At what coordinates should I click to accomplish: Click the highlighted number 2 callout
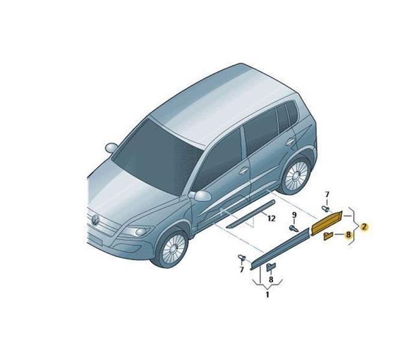364,227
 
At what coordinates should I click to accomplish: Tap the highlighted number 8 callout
348,235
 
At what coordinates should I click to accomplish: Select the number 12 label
271,218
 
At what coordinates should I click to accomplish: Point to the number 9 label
294,215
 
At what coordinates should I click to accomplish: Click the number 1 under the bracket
267,295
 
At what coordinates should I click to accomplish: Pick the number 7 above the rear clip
327,194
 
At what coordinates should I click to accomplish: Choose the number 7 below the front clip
242,270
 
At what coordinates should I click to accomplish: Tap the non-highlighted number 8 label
271,280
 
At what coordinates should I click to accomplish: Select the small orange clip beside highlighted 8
328,236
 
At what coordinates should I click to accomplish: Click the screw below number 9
294,229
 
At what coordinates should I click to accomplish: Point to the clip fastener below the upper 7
326,209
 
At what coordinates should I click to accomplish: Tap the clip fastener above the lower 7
242,258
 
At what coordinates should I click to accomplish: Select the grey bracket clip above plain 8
271,267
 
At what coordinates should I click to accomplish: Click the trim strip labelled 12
250,214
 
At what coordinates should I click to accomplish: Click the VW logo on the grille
95,220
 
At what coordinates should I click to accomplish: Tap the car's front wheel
173,248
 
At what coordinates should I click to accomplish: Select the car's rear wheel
296,175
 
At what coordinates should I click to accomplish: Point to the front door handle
244,170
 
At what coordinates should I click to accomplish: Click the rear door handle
290,141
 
